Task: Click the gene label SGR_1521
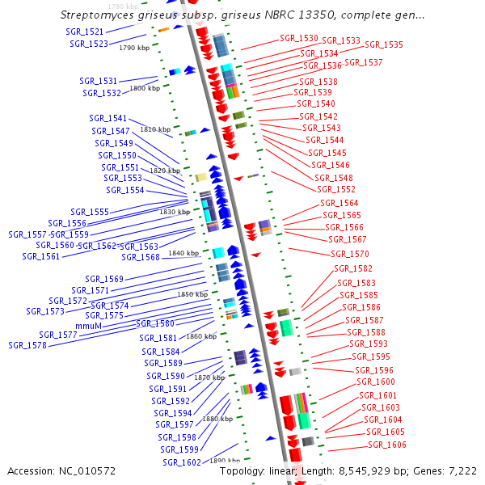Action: pos(84,32)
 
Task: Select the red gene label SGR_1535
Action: pos(384,45)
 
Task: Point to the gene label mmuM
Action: pos(88,325)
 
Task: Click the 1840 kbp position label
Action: pos(183,253)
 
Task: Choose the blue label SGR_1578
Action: pos(27,345)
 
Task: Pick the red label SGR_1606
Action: pos(387,445)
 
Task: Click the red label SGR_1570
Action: pos(350,254)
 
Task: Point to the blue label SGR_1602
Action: pos(182,462)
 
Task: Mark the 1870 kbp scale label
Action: pos(209,377)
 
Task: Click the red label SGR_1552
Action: pos(336,189)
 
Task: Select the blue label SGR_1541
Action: pos(108,118)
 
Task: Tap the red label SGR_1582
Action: pos(353,268)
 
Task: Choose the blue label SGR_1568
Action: pos(141,257)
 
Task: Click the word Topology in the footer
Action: pos(245,470)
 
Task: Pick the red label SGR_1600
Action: pos(376,382)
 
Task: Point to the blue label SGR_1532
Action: pos(102,93)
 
